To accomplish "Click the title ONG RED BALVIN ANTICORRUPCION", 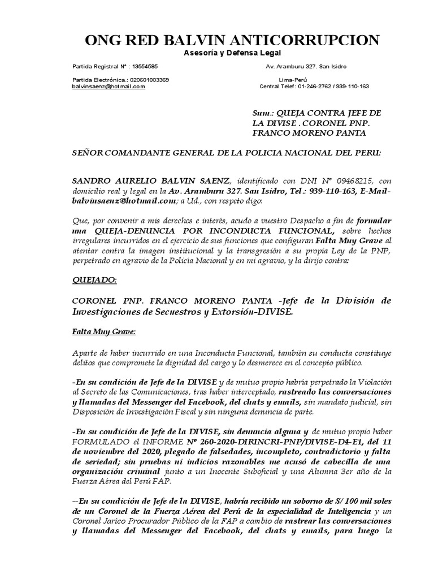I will click(232, 40).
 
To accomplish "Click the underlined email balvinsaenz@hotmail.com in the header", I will click(108, 87).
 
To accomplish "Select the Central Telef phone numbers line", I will click(314, 87).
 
